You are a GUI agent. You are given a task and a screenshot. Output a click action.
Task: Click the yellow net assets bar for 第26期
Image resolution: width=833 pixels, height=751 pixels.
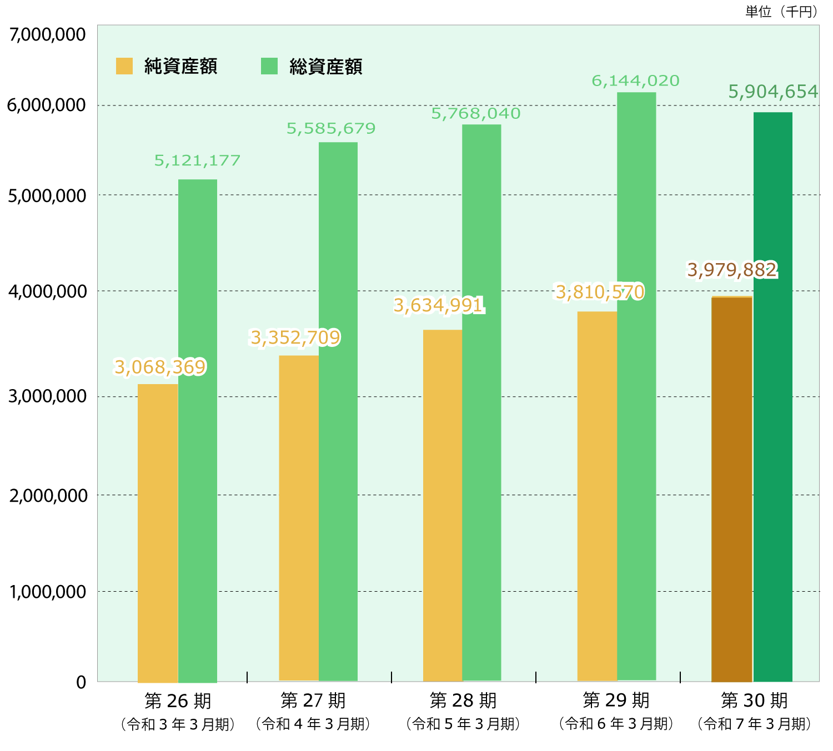pyautogui.click(x=158, y=533)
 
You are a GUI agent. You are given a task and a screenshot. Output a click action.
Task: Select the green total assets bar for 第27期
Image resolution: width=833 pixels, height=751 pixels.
pyautogui.click(x=338, y=411)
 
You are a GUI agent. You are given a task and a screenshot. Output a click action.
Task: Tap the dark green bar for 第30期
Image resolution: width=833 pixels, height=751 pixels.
pyautogui.click(x=772, y=397)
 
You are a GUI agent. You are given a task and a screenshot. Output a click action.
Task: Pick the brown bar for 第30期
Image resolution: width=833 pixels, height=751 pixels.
pyautogui.click(x=731, y=489)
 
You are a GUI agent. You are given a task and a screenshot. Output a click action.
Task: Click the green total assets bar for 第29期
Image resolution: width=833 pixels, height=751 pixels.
pyautogui.click(x=636, y=386)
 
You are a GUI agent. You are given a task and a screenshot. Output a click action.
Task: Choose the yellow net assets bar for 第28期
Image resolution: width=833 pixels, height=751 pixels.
pyautogui.click(x=443, y=505)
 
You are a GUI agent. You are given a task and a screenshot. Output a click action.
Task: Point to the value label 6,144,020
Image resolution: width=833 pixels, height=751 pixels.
pyautogui.click(x=635, y=81)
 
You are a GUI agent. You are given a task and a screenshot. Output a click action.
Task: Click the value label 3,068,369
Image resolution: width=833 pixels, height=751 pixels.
pyautogui.click(x=160, y=367)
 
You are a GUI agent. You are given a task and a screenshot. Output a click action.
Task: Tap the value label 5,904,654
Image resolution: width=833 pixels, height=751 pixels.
pyautogui.click(x=773, y=92)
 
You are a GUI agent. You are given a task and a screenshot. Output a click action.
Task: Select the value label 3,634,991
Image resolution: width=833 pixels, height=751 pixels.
pyautogui.click(x=439, y=305)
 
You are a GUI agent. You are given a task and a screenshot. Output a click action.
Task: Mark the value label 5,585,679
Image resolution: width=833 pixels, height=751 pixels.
pyautogui.click(x=331, y=129)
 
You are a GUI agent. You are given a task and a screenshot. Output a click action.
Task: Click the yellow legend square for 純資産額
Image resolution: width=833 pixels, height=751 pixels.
pyautogui.click(x=124, y=66)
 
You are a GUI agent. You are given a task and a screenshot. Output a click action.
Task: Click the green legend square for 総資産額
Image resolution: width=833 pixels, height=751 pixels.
pyautogui.click(x=269, y=66)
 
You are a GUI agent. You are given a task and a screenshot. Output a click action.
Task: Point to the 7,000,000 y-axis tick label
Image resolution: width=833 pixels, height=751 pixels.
pyautogui.click(x=48, y=34)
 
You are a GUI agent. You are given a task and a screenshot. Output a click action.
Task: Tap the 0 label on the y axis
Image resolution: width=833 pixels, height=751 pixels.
pyautogui.click(x=81, y=682)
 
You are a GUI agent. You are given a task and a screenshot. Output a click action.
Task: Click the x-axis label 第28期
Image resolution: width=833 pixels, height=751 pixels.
pyautogui.click(x=463, y=700)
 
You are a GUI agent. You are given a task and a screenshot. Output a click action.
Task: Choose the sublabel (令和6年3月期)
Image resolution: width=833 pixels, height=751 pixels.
pyautogui.click(x=616, y=724)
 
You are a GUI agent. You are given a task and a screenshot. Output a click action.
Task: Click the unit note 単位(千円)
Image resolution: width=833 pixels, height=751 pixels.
pyautogui.click(x=781, y=12)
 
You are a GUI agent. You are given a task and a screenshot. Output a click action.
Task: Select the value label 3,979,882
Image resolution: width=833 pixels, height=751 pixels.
pyautogui.click(x=732, y=270)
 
